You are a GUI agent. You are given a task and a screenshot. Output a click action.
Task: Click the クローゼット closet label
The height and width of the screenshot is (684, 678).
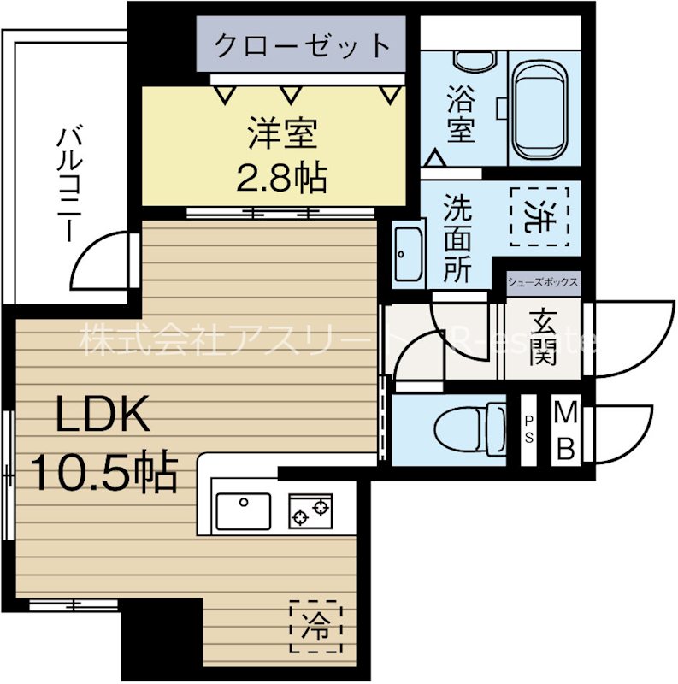point(302,44)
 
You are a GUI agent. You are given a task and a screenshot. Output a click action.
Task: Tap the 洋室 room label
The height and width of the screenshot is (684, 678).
point(283,134)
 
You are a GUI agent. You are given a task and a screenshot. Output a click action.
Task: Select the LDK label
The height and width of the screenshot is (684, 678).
point(103,416)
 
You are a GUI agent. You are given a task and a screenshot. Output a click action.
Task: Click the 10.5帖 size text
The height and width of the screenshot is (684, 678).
point(104,471)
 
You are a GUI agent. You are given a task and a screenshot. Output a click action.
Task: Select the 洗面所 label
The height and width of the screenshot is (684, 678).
point(458,240)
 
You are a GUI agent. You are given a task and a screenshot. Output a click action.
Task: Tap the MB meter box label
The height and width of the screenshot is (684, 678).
point(565,429)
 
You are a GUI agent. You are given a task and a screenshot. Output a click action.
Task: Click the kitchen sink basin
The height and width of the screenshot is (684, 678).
point(243,510)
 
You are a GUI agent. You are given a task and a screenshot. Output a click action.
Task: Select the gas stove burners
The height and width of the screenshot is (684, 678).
point(310,511)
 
